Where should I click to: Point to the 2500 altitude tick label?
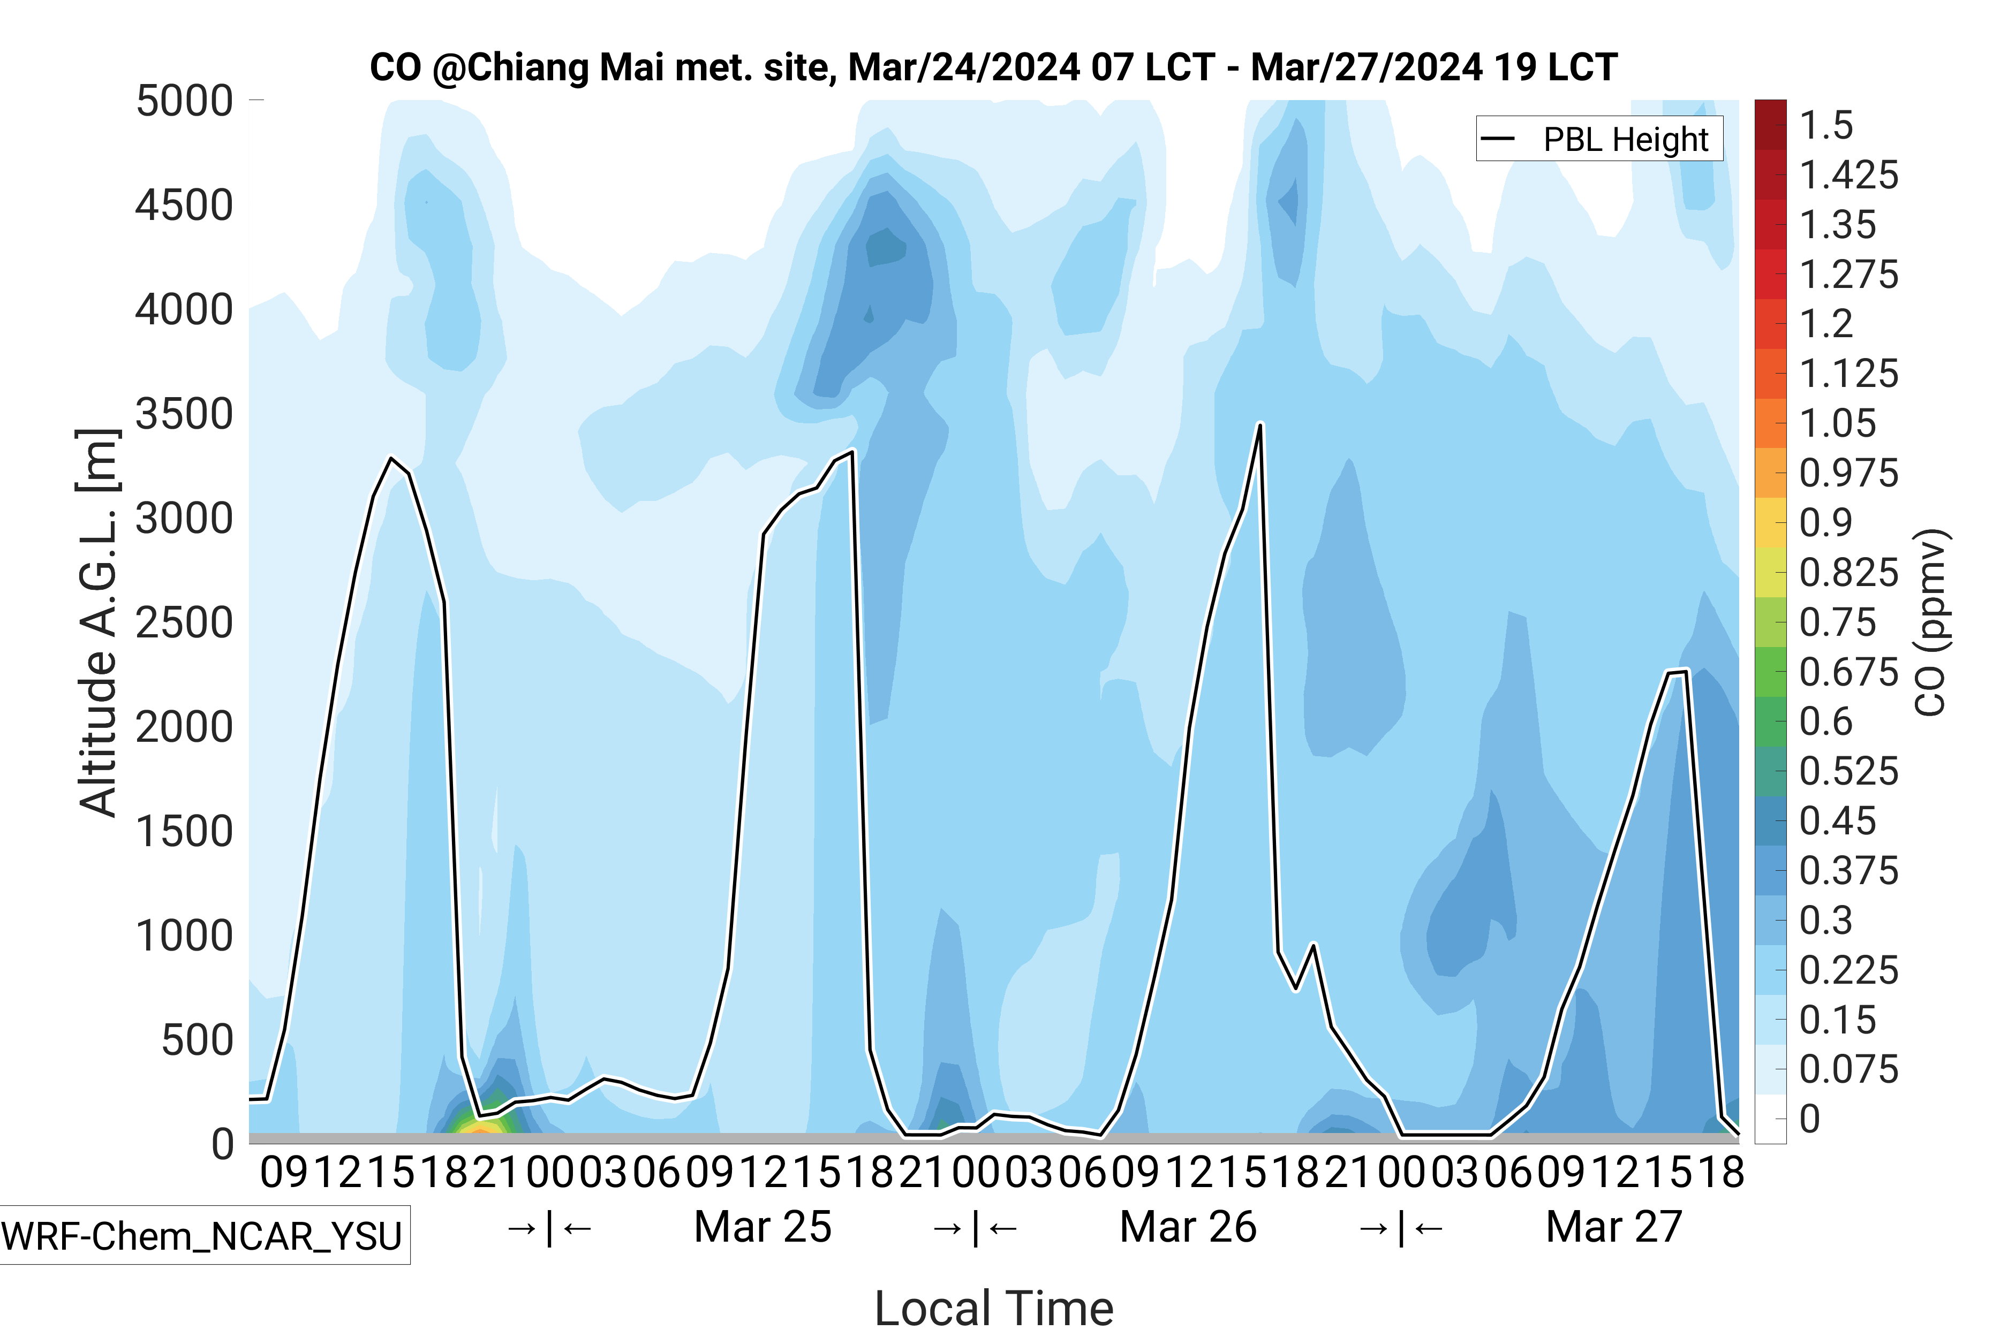pyautogui.click(x=184, y=623)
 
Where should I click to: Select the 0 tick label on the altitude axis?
pyautogui.click(x=222, y=1143)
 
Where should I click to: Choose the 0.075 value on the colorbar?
pyautogui.click(x=1848, y=1069)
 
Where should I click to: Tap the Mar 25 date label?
pyautogui.click(x=763, y=1227)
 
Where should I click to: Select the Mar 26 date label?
pyautogui.click(x=1188, y=1227)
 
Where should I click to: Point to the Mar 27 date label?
pyautogui.click(x=1613, y=1227)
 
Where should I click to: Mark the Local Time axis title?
pyautogui.click(x=994, y=1307)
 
